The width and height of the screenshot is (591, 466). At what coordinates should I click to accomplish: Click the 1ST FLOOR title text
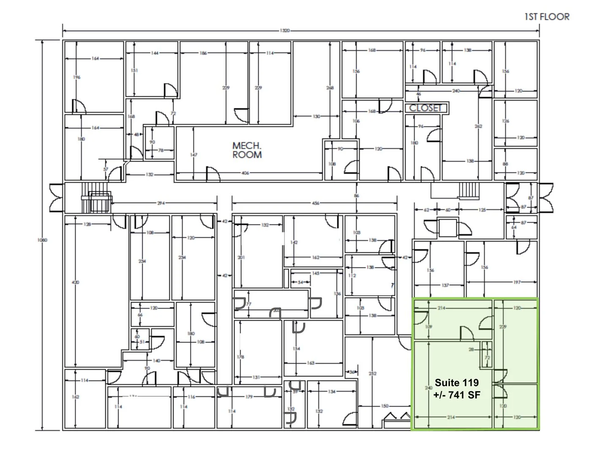[547, 17]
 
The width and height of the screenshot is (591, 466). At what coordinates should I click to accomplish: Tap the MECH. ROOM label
[247, 150]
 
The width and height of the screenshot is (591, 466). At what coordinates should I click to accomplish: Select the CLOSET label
[425, 108]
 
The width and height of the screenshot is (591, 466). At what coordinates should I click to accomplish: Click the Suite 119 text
[457, 383]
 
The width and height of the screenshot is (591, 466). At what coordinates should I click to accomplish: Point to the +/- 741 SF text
[457, 395]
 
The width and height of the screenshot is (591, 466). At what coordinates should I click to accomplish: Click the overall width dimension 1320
[285, 31]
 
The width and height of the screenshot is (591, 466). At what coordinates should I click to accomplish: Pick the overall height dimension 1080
[42, 240]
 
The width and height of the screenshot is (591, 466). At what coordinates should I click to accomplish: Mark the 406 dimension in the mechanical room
[245, 173]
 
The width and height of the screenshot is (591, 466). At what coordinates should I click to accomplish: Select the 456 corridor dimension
[315, 203]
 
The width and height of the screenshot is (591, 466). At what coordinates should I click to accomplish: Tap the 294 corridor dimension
[161, 203]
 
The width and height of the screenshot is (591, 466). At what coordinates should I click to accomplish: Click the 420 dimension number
[76, 282]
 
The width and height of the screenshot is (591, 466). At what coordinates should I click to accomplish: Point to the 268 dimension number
[330, 88]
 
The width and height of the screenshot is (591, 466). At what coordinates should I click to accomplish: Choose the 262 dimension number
[478, 126]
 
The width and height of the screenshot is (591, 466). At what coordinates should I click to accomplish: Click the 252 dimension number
[372, 373]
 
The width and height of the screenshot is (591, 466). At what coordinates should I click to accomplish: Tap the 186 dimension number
[203, 53]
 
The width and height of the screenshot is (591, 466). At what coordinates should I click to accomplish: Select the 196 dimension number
[76, 77]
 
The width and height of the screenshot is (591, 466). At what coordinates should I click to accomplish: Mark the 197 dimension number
[518, 282]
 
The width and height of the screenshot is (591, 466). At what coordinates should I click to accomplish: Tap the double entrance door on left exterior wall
[56, 198]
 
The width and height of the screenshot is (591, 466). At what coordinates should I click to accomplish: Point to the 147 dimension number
[193, 155]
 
